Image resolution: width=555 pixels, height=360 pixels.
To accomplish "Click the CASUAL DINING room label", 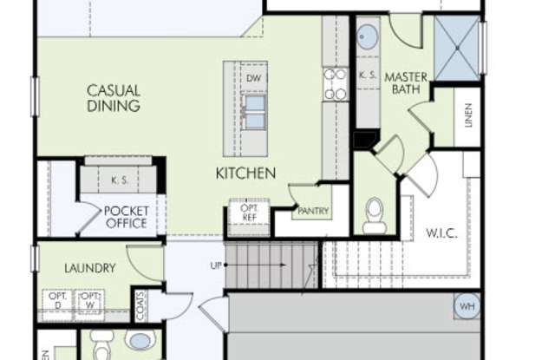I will [x=114, y=98].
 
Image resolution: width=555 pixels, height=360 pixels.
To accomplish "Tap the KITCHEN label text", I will [x=245, y=173].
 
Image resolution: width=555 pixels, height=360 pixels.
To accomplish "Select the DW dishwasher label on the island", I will [x=253, y=79].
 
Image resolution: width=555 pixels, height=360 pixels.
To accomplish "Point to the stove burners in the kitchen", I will [x=336, y=84].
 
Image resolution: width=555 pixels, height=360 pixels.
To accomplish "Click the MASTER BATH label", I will [x=406, y=83].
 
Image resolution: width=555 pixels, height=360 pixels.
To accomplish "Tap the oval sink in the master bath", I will [x=368, y=37].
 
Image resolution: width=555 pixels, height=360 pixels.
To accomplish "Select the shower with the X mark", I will [x=457, y=47].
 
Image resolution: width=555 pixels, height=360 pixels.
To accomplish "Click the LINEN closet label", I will [x=468, y=115].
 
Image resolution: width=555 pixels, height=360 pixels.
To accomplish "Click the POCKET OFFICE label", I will [x=126, y=217].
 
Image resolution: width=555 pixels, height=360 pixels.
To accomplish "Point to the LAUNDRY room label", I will [x=89, y=268].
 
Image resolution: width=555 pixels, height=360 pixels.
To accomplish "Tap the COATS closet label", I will [x=140, y=304].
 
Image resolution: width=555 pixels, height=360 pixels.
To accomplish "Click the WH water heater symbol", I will [x=467, y=306].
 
